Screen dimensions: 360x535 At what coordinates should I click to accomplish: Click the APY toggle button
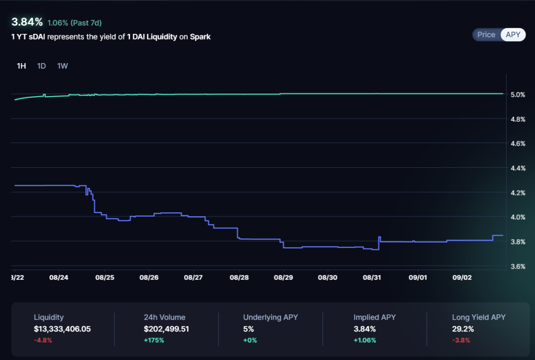[x=513, y=35]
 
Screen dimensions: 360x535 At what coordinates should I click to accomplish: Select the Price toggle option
[x=486, y=35]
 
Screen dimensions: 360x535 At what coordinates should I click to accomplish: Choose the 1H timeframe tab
[x=21, y=66]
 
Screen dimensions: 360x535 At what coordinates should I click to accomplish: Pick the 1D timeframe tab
[x=41, y=66]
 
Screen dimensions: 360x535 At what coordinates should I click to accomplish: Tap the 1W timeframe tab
[x=62, y=66]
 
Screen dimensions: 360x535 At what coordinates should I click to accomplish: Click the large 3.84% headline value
[x=27, y=22]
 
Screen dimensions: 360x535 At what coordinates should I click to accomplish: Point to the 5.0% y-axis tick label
[x=518, y=95]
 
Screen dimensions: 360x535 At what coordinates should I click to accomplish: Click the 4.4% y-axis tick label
[x=518, y=168]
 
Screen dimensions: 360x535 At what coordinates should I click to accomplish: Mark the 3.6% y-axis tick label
[x=518, y=267]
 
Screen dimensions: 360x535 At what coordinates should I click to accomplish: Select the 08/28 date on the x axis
[x=238, y=278]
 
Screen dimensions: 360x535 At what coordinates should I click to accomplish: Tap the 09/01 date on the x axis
[x=417, y=278]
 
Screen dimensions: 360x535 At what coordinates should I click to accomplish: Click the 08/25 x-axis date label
[x=105, y=278]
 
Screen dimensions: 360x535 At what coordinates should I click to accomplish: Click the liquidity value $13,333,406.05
[x=62, y=329]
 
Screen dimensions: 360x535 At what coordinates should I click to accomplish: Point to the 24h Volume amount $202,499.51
[x=166, y=329]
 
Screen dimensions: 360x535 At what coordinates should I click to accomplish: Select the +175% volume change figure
[x=154, y=340]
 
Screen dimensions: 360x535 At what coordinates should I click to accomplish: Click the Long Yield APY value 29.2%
[x=463, y=329]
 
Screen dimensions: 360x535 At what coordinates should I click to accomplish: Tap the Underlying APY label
[x=271, y=317]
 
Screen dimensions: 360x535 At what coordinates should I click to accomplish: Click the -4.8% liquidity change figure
[x=43, y=340]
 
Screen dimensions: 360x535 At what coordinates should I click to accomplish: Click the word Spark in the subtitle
[x=200, y=37]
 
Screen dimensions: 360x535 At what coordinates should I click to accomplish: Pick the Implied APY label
[x=375, y=317]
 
